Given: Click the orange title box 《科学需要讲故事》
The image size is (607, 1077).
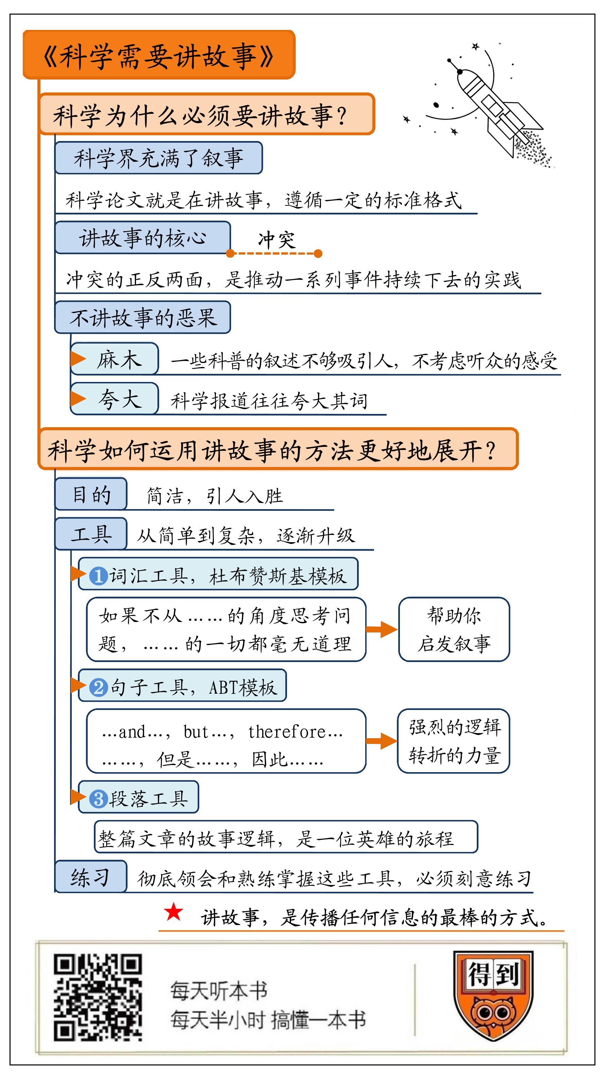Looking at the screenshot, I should tap(159, 55).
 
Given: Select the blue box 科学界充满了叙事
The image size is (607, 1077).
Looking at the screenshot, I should tap(158, 158).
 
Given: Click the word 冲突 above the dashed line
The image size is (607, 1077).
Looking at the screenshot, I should tap(276, 240).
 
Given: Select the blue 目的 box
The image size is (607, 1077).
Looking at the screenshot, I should tap(91, 494).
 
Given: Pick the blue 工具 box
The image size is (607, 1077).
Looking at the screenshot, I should tap(91, 534).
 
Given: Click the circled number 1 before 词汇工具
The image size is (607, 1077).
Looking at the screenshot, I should tap(98, 576).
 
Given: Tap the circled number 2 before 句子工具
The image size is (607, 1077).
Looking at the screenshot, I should tap(99, 687).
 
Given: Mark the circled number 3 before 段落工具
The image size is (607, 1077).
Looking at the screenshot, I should tap(98, 799).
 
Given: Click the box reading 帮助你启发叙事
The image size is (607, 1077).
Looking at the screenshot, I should tap(454, 629).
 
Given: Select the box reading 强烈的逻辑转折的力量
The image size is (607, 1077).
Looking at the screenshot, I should tap(454, 741).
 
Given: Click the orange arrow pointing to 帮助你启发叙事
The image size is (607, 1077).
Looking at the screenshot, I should tap(381, 629).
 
